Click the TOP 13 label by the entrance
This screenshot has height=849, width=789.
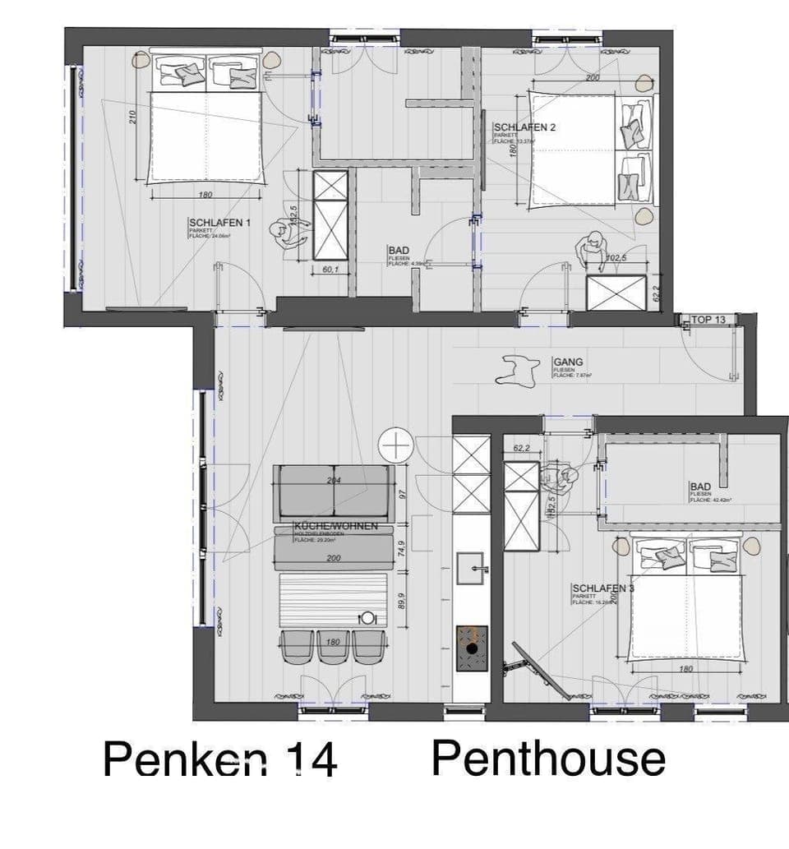point(708,319)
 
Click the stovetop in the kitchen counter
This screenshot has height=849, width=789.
point(471,642)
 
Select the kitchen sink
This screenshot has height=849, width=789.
point(471,568)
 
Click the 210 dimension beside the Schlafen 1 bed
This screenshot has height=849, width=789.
point(132,117)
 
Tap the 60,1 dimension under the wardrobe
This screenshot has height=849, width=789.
point(330,269)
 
